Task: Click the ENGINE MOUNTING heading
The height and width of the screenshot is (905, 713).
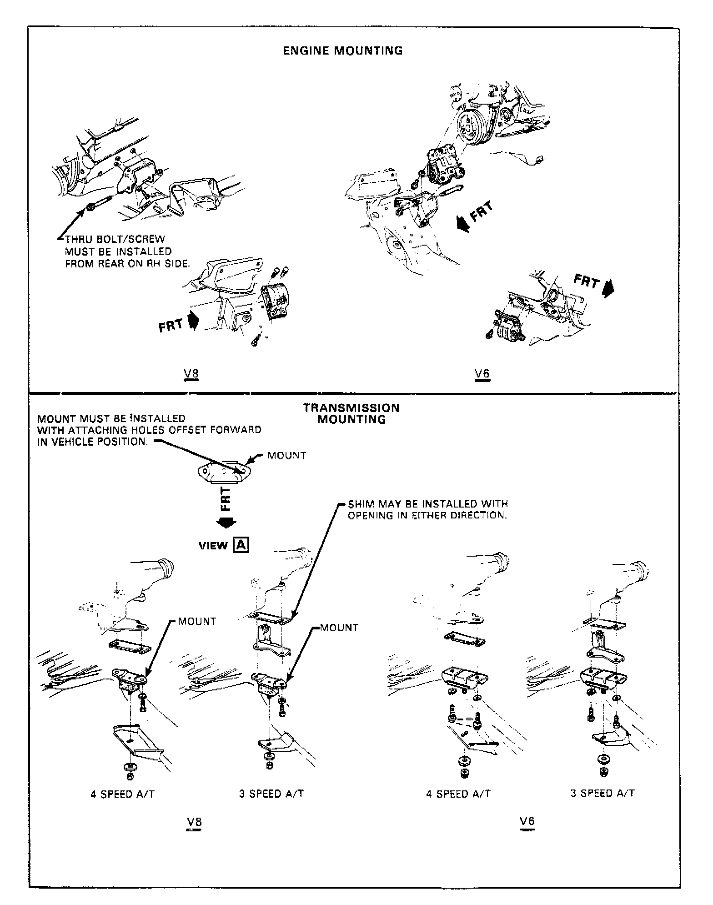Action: click(x=343, y=50)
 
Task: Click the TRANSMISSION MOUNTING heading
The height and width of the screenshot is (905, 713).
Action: click(x=351, y=413)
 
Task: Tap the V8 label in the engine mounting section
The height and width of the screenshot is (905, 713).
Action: click(x=191, y=374)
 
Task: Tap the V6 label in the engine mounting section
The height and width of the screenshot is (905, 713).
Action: click(x=482, y=374)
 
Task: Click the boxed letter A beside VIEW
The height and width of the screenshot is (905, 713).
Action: click(x=241, y=545)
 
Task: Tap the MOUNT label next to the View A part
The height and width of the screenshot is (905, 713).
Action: click(x=286, y=455)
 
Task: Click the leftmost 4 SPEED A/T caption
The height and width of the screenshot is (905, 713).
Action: click(x=122, y=794)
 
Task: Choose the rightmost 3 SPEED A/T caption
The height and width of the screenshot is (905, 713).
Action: click(x=603, y=793)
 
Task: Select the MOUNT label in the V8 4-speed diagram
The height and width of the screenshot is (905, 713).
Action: click(x=197, y=621)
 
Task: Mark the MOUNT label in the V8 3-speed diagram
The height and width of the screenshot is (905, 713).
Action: click(x=339, y=628)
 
